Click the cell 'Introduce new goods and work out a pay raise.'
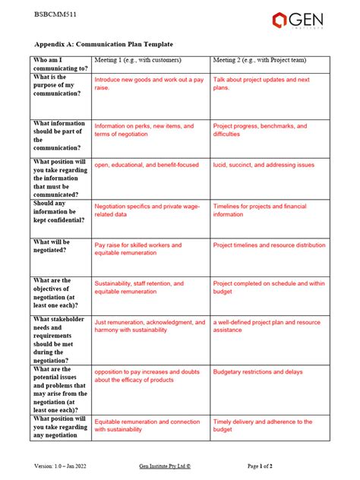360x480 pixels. tap(148, 84)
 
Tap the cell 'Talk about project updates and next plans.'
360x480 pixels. tap(261, 84)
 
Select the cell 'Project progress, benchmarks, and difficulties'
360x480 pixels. tap(260, 130)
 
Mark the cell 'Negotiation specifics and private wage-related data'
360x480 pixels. tap(146, 210)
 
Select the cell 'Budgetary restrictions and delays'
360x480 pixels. tap(257, 372)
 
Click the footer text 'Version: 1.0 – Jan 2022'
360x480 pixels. tap(64, 464)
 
